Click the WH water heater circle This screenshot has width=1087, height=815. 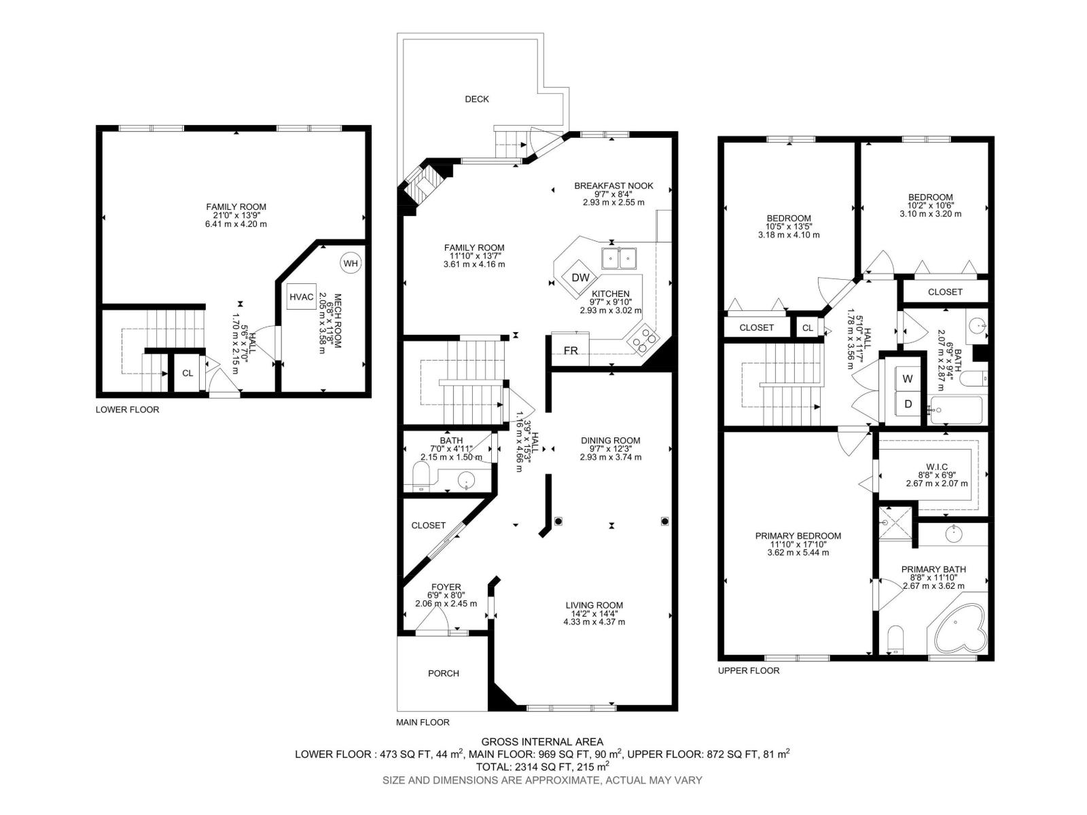point(351,264)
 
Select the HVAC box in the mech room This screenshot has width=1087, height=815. point(301,297)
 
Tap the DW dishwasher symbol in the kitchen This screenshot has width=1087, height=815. point(580,277)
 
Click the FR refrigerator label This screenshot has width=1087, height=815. point(571,350)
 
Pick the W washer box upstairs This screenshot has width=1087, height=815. point(908,379)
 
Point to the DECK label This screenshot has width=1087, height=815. point(476,99)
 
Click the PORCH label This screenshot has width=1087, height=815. point(443,673)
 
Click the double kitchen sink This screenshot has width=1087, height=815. point(619,257)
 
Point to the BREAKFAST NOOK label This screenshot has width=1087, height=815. point(613,185)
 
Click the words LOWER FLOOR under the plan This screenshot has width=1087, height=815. point(127,410)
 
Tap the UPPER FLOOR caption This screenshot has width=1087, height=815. point(748,670)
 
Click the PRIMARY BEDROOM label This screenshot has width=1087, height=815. point(798,536)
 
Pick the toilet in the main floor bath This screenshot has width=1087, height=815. point(419,477)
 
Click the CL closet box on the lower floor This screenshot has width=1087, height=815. point(188,373)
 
